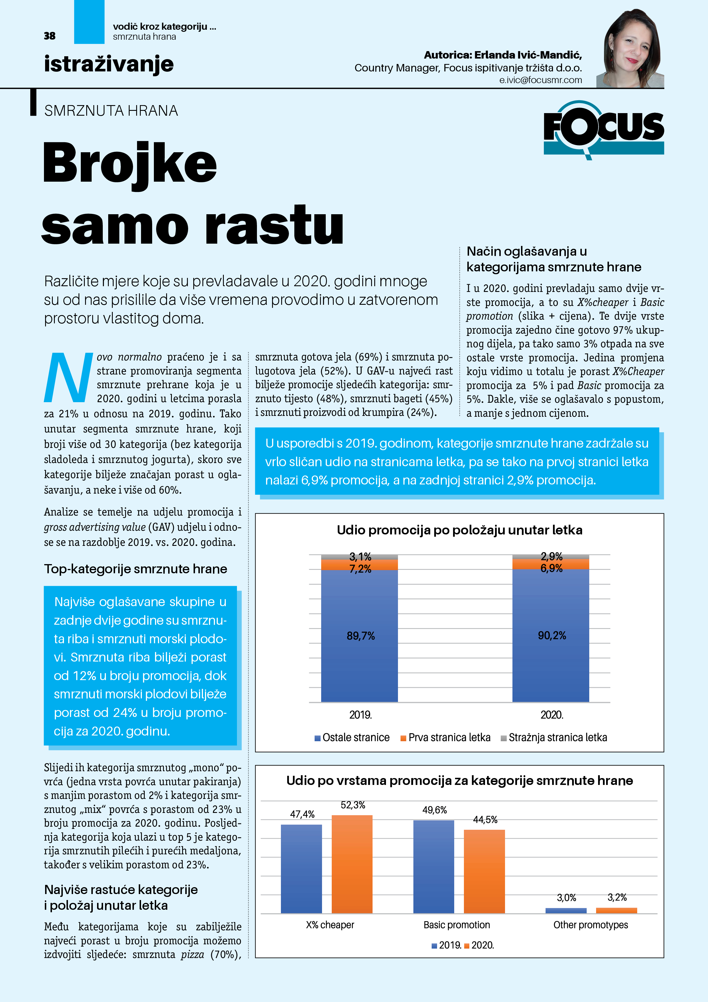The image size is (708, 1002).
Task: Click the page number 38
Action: [50, 36]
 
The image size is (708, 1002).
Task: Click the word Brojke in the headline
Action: [130, 163]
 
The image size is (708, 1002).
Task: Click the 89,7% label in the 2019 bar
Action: [360, 636]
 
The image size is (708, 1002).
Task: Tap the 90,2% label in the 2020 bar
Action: [551, 636]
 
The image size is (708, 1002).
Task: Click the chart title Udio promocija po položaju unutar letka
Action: [459, 530]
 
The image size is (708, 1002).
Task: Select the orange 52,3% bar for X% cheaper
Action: [352, 864]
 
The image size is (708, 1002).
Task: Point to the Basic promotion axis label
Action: [456, 925]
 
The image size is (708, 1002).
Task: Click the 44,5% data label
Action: [485, 819]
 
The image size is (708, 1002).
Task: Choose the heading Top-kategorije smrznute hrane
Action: [135, 569]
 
